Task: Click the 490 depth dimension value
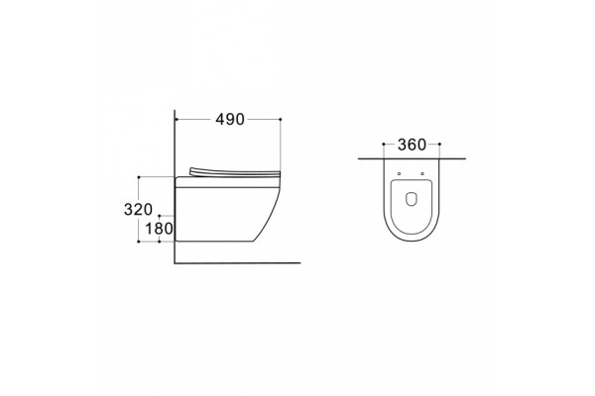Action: pos(230,120)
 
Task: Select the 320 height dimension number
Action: pos(139,210)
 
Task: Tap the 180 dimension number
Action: pos(159,229)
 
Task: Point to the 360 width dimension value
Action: pos(412,145)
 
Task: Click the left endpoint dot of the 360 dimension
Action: pos(384,144)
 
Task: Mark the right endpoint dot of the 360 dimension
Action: pos(439,144)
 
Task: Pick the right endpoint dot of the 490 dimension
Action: pos(281,120)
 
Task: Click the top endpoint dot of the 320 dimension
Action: pos(139,177)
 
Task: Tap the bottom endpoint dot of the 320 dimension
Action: pos(139,242)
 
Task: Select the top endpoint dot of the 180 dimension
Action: pos(160,216)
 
